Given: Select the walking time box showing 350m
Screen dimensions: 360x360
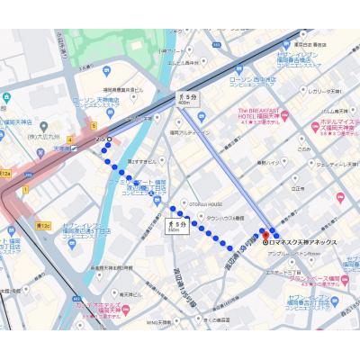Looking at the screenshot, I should [177, 225].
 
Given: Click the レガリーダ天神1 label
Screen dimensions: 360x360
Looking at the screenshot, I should [326, 91].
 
